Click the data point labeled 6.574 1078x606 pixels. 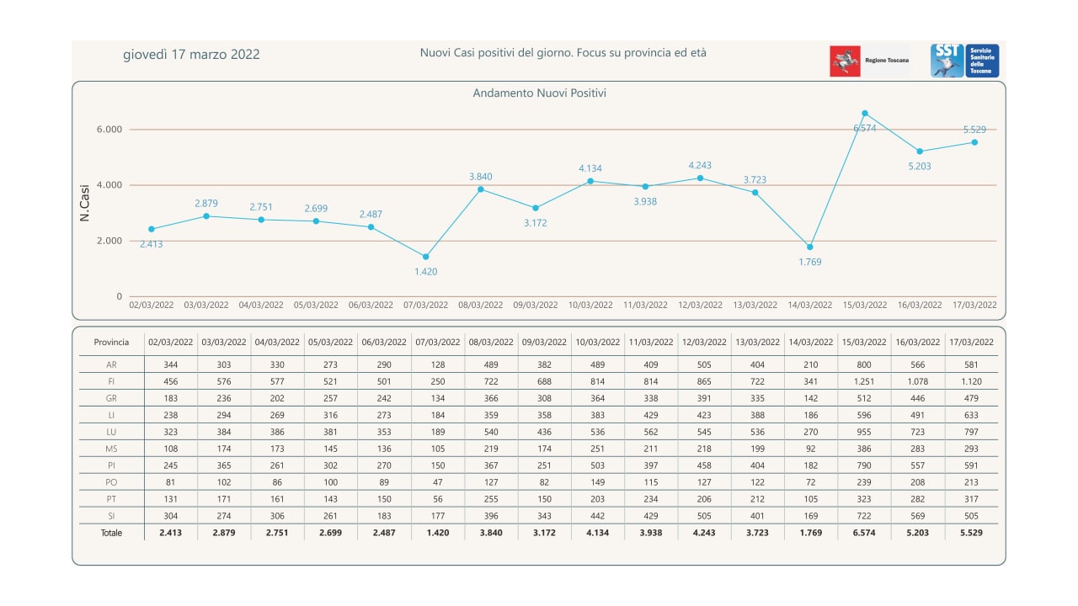tap(865, 114)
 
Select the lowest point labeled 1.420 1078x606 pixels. tap(425, 257)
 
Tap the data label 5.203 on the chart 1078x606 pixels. tap(920, 167)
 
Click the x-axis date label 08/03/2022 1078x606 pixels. tap(480, 305)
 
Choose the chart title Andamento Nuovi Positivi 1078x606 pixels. tap(539, 93)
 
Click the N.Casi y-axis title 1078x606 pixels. tap(84, 204)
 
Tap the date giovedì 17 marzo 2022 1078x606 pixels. tap(191, 55)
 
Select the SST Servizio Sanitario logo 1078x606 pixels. tap(964, 61)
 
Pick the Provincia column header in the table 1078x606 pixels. tap(111, 343)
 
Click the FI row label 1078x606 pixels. tap(111, 382)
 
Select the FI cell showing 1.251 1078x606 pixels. tap(864, 382)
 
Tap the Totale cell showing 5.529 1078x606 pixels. tap(971, 533)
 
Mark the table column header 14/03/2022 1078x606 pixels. tap(811, 343)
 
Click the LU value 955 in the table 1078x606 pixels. tap(864, 432)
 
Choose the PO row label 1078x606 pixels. tap(111, 482)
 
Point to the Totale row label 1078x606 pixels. tap(111, 533)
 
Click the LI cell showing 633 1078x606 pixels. tap(971, 415)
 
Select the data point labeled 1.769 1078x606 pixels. tap(810, 247)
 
